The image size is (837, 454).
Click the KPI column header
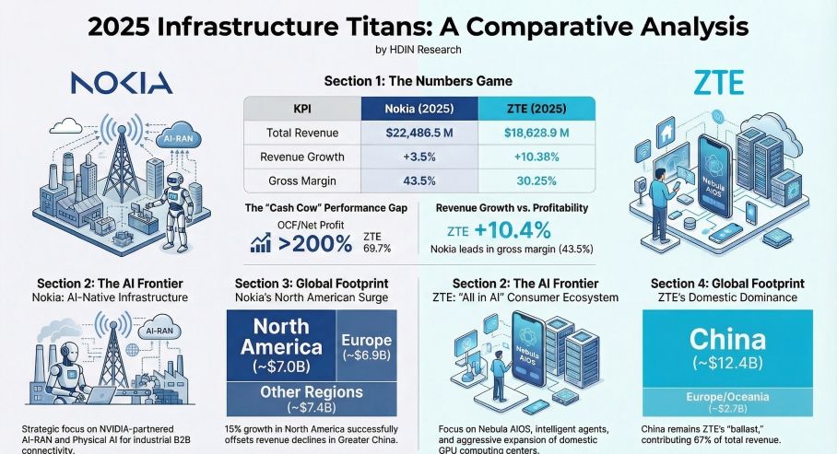pyautogui.click(x=300, y=108)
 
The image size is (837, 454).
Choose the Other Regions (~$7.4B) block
pyautogui.click(x=312, y=398)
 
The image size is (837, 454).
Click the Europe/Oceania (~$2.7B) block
pyautogui.click(x=725, y=402)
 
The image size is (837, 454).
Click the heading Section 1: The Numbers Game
pyautogui.click(x=417, y=81)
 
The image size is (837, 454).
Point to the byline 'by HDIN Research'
pyautogui.click(x=418, y=49)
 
